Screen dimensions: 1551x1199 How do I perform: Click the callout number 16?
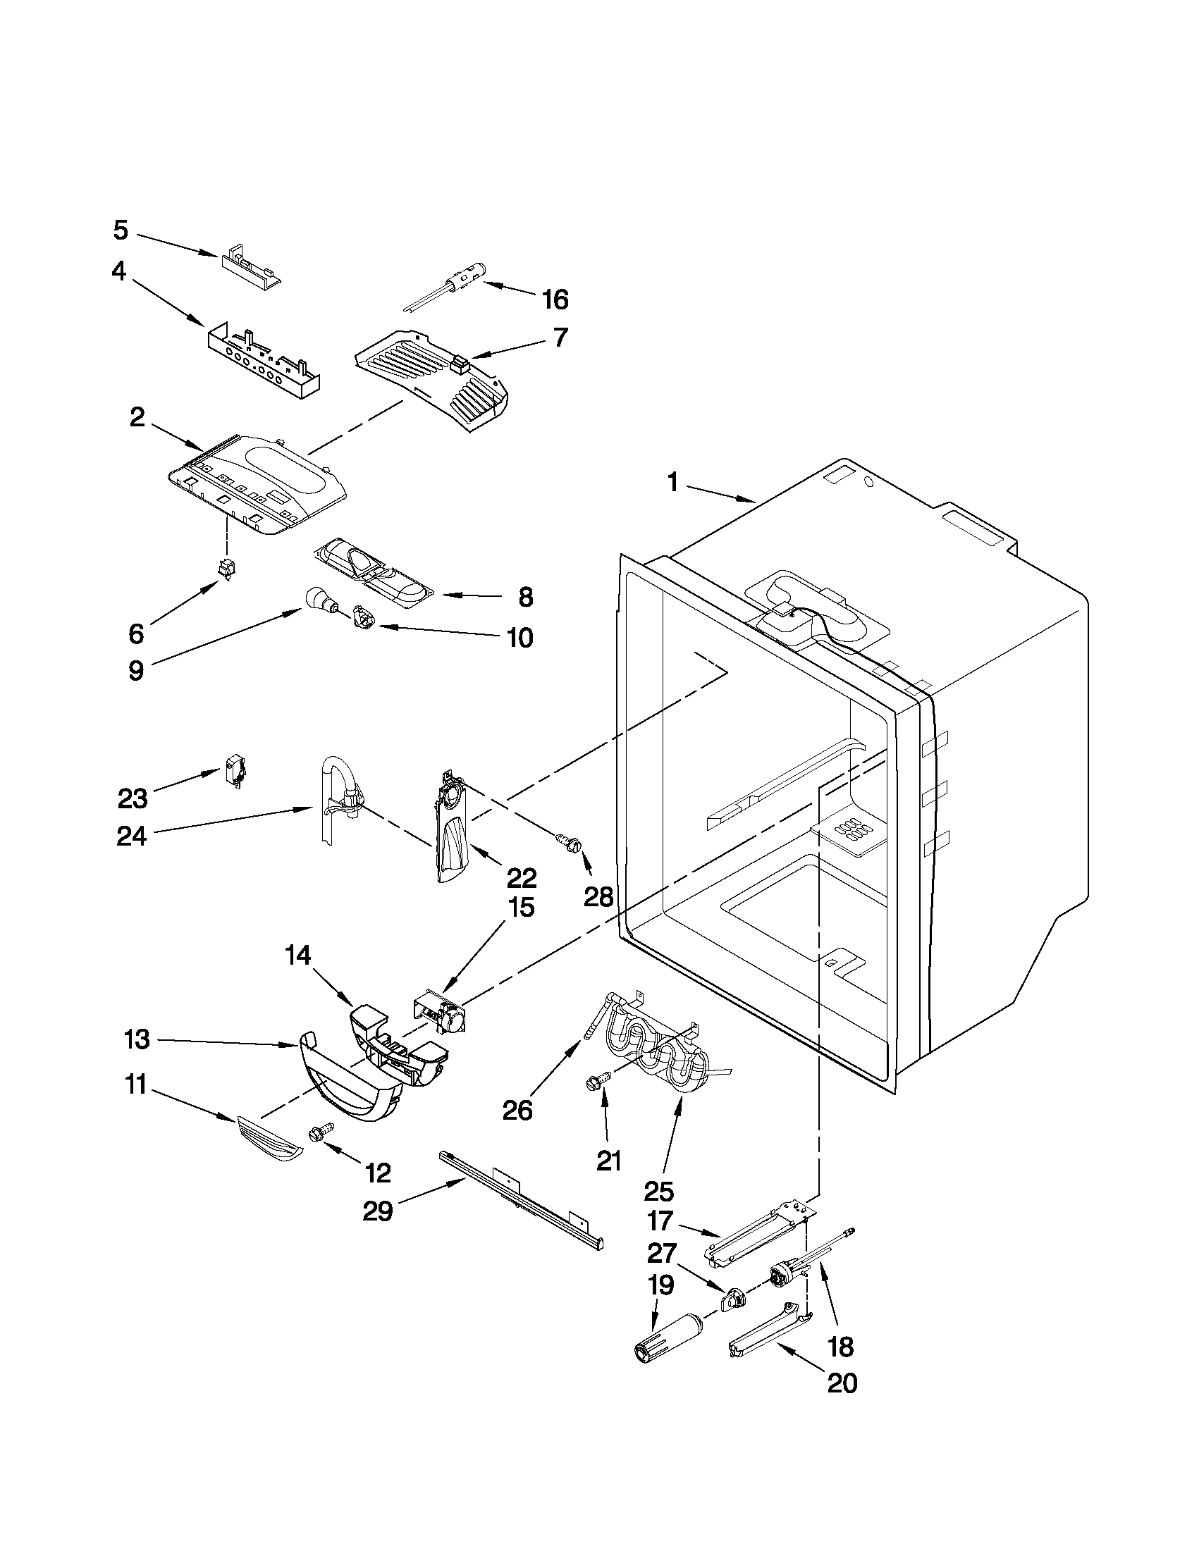pos(555,299)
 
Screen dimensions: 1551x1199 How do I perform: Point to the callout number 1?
pos(672,483)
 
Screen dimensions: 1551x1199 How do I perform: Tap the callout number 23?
pos(133,798)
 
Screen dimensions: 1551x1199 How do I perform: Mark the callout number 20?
pos(842,1402)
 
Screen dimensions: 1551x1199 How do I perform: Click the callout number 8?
pos(525,598)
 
